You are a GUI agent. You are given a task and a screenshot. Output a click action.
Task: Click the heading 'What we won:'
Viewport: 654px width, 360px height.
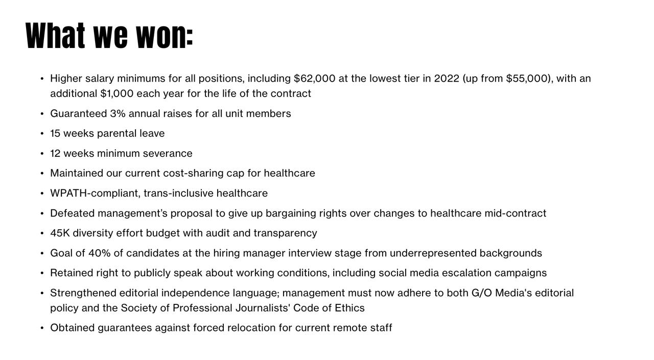click(109, 36)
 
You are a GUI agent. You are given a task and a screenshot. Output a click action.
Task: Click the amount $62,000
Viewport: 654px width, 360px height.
click(314, 79)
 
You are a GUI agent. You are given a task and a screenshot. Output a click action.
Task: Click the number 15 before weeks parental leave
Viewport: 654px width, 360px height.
click(55, 133)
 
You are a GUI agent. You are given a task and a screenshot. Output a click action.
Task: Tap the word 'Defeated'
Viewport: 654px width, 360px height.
click(72, 213)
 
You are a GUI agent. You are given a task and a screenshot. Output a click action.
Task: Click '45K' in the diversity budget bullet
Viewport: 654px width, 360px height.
click(60, 233)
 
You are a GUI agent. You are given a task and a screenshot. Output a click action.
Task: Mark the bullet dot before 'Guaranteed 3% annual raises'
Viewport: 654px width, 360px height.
click(42, 114)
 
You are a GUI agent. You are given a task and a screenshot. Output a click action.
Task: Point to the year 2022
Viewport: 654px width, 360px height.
click(447, 79)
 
